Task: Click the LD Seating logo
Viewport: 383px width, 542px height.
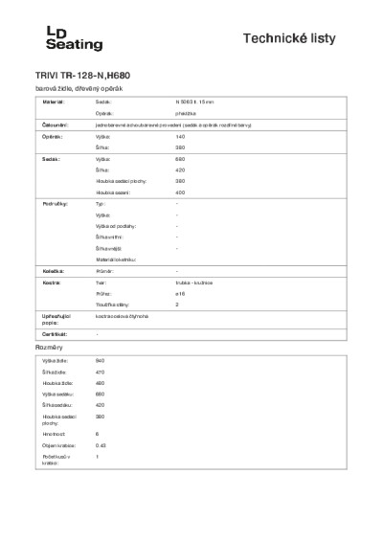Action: (x=75, y=38)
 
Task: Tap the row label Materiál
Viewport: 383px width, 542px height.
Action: (x=54, y=101)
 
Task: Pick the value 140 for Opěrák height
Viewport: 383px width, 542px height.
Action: (x=181, y=138)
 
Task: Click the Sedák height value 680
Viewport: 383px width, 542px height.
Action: (x=181, y=159)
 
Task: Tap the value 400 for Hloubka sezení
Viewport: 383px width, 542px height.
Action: (x=181, y=192)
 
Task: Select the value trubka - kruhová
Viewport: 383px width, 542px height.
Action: (x=200, y=284)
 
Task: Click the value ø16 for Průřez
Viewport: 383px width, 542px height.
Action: (x=180, y=295)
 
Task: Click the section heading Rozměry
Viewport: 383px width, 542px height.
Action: (x=50, y=346)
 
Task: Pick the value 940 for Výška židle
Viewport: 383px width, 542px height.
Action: (x=101, y=360)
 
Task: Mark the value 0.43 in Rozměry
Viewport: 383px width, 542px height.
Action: (x=101, y=445)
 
